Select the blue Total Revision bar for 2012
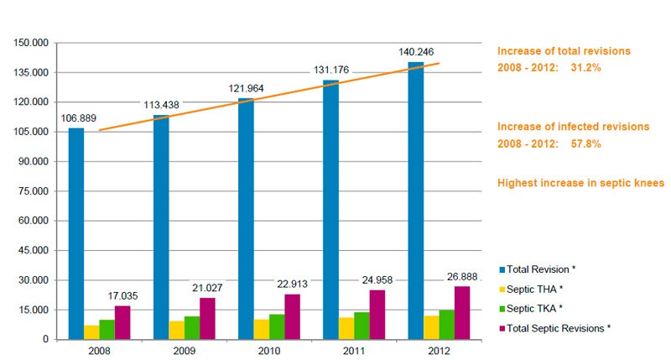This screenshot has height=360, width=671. tap(416, 201)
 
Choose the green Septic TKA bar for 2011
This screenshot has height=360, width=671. tap(361, 326)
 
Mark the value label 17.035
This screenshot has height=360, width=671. tap(122, 296)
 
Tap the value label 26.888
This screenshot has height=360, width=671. tap(465, 275)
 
